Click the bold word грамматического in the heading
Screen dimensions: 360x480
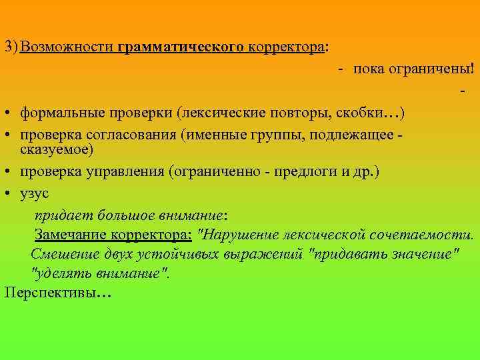183,49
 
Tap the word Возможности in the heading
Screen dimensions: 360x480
69,49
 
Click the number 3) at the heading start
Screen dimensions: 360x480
11,49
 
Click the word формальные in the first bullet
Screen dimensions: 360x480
59,111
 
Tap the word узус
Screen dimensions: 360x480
35,193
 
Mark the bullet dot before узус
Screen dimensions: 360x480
5,193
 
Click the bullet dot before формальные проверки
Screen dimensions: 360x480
5,111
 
